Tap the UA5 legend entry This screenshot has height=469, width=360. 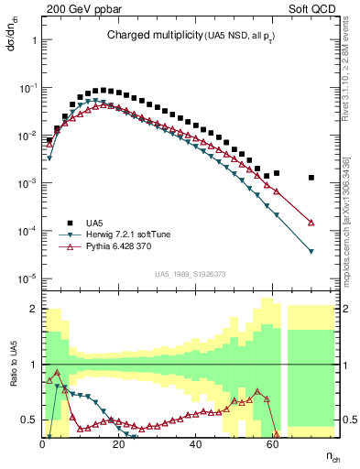tap(94, 223)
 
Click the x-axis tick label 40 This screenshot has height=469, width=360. tap(195, 443)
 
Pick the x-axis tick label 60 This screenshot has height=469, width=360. tap(272, 443)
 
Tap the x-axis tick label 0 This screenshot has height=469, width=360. tap(43, 443)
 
